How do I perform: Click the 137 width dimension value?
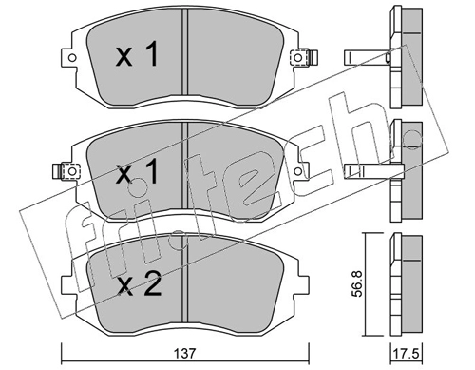(184, 353)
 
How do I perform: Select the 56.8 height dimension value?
(357, 283)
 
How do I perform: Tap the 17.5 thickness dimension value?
(406, 353)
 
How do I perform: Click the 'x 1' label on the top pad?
(137, 55)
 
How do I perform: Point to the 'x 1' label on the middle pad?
(137, 171)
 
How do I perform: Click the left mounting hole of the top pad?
(72, 58)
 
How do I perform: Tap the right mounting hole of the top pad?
(297, 58)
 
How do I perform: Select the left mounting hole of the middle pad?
(72, 171)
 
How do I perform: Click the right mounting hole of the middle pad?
(297, 171)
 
